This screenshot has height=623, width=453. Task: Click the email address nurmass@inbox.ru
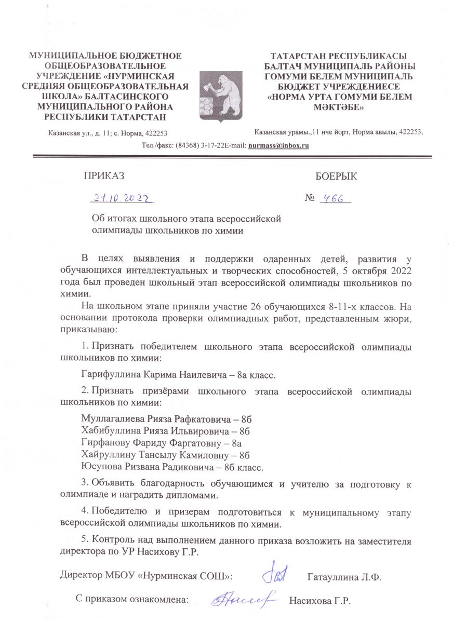point(279,145)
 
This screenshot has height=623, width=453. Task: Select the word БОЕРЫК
point(336,176)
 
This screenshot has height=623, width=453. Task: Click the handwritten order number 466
point(336,198)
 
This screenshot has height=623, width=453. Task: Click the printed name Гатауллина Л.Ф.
point(344,577)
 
